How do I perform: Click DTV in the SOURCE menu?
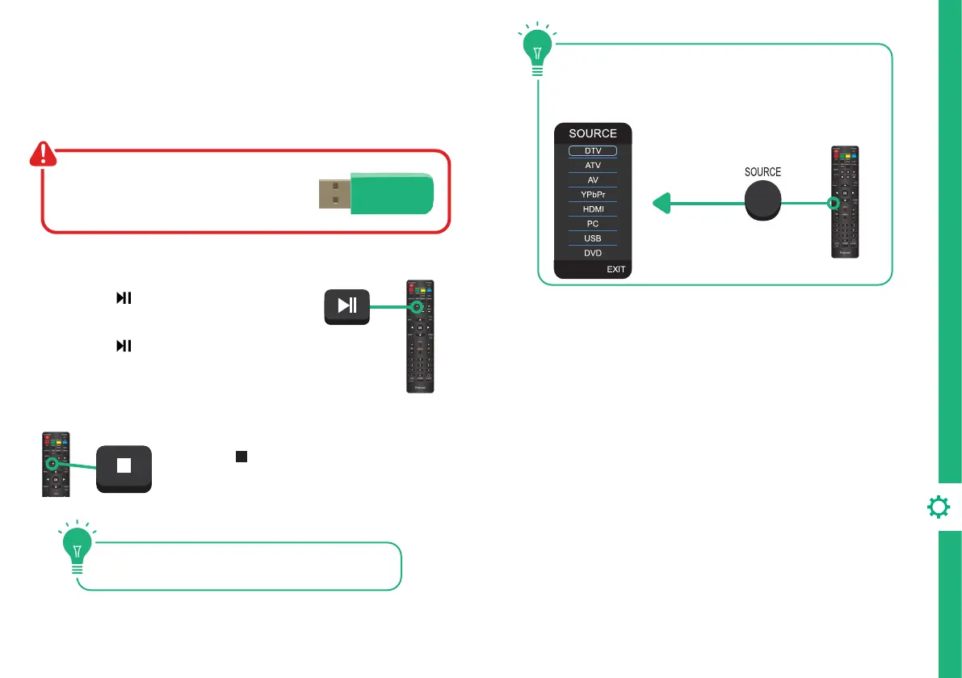593,150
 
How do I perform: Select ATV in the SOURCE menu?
593,165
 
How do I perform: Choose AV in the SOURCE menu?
593,179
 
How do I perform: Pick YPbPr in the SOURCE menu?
593,195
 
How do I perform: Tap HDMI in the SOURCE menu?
593,209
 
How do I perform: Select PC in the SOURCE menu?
593,224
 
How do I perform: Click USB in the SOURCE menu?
593,238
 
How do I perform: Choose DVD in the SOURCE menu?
593,253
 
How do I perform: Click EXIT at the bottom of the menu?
615,269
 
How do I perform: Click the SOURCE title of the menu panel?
593,133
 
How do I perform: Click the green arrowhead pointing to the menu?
660,205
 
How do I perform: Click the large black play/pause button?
346,305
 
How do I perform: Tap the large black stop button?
124,468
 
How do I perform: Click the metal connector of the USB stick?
333,196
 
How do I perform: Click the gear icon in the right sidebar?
939,507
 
